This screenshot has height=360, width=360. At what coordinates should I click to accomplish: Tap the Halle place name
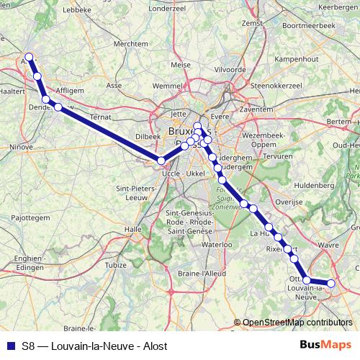click(133, 229)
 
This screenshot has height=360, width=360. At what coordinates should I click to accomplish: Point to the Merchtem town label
click(130, 43)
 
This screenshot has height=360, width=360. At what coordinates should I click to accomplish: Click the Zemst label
click(252, 24)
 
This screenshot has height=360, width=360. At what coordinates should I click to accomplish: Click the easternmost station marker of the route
click(332, 284)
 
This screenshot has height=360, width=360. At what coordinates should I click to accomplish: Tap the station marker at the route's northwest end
click(29, 57)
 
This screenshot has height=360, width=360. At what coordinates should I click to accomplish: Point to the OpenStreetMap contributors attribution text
click(297, 323)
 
